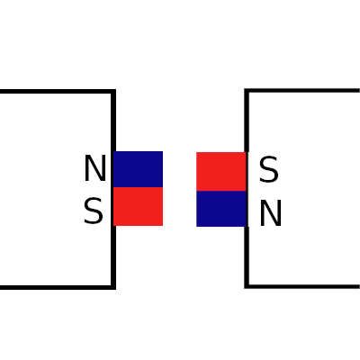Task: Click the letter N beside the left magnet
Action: pyautogui.click(x=95, y=168)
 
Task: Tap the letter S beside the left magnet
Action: pyautogui.click(x=94, y=211)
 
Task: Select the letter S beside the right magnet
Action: pyautogui.click(x=269, y=170)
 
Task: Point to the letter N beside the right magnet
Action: pyautogui.click(x=270, y=213)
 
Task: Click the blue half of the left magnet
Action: pyautogui.click(x=139, y=169)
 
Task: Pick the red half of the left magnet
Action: pyautogui.click(x=139, y=206)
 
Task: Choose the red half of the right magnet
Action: pyautogui.click(x=221, y=172)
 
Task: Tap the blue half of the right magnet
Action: pyautogui.click(x=221, y=209)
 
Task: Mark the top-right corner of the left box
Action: pyautogui.click(x=113, y=91)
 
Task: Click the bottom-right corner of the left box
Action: pyautogui.click(x=113, y=287)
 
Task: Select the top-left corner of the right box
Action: pyautogui.click(x=247, y=91)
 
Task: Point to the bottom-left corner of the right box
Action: pyautogui.click(x=247, y=286)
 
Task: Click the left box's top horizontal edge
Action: pyautogui.click(x=57, y=91)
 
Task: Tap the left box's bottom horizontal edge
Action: pyautogui.click(x=57, y=287)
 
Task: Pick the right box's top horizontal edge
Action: pyautogui.click(x=303, y=90)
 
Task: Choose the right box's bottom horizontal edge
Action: pyautogui.click(x=303, y=286)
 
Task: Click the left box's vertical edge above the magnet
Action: pyautogui.click(x=113, y=121)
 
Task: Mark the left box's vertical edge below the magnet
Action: pyautogui.click(x=113, y=256)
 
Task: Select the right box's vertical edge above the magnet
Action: pyautogui.click(x=247, y=121)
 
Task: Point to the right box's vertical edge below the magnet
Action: pyautogui.click(x=247, y=256)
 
